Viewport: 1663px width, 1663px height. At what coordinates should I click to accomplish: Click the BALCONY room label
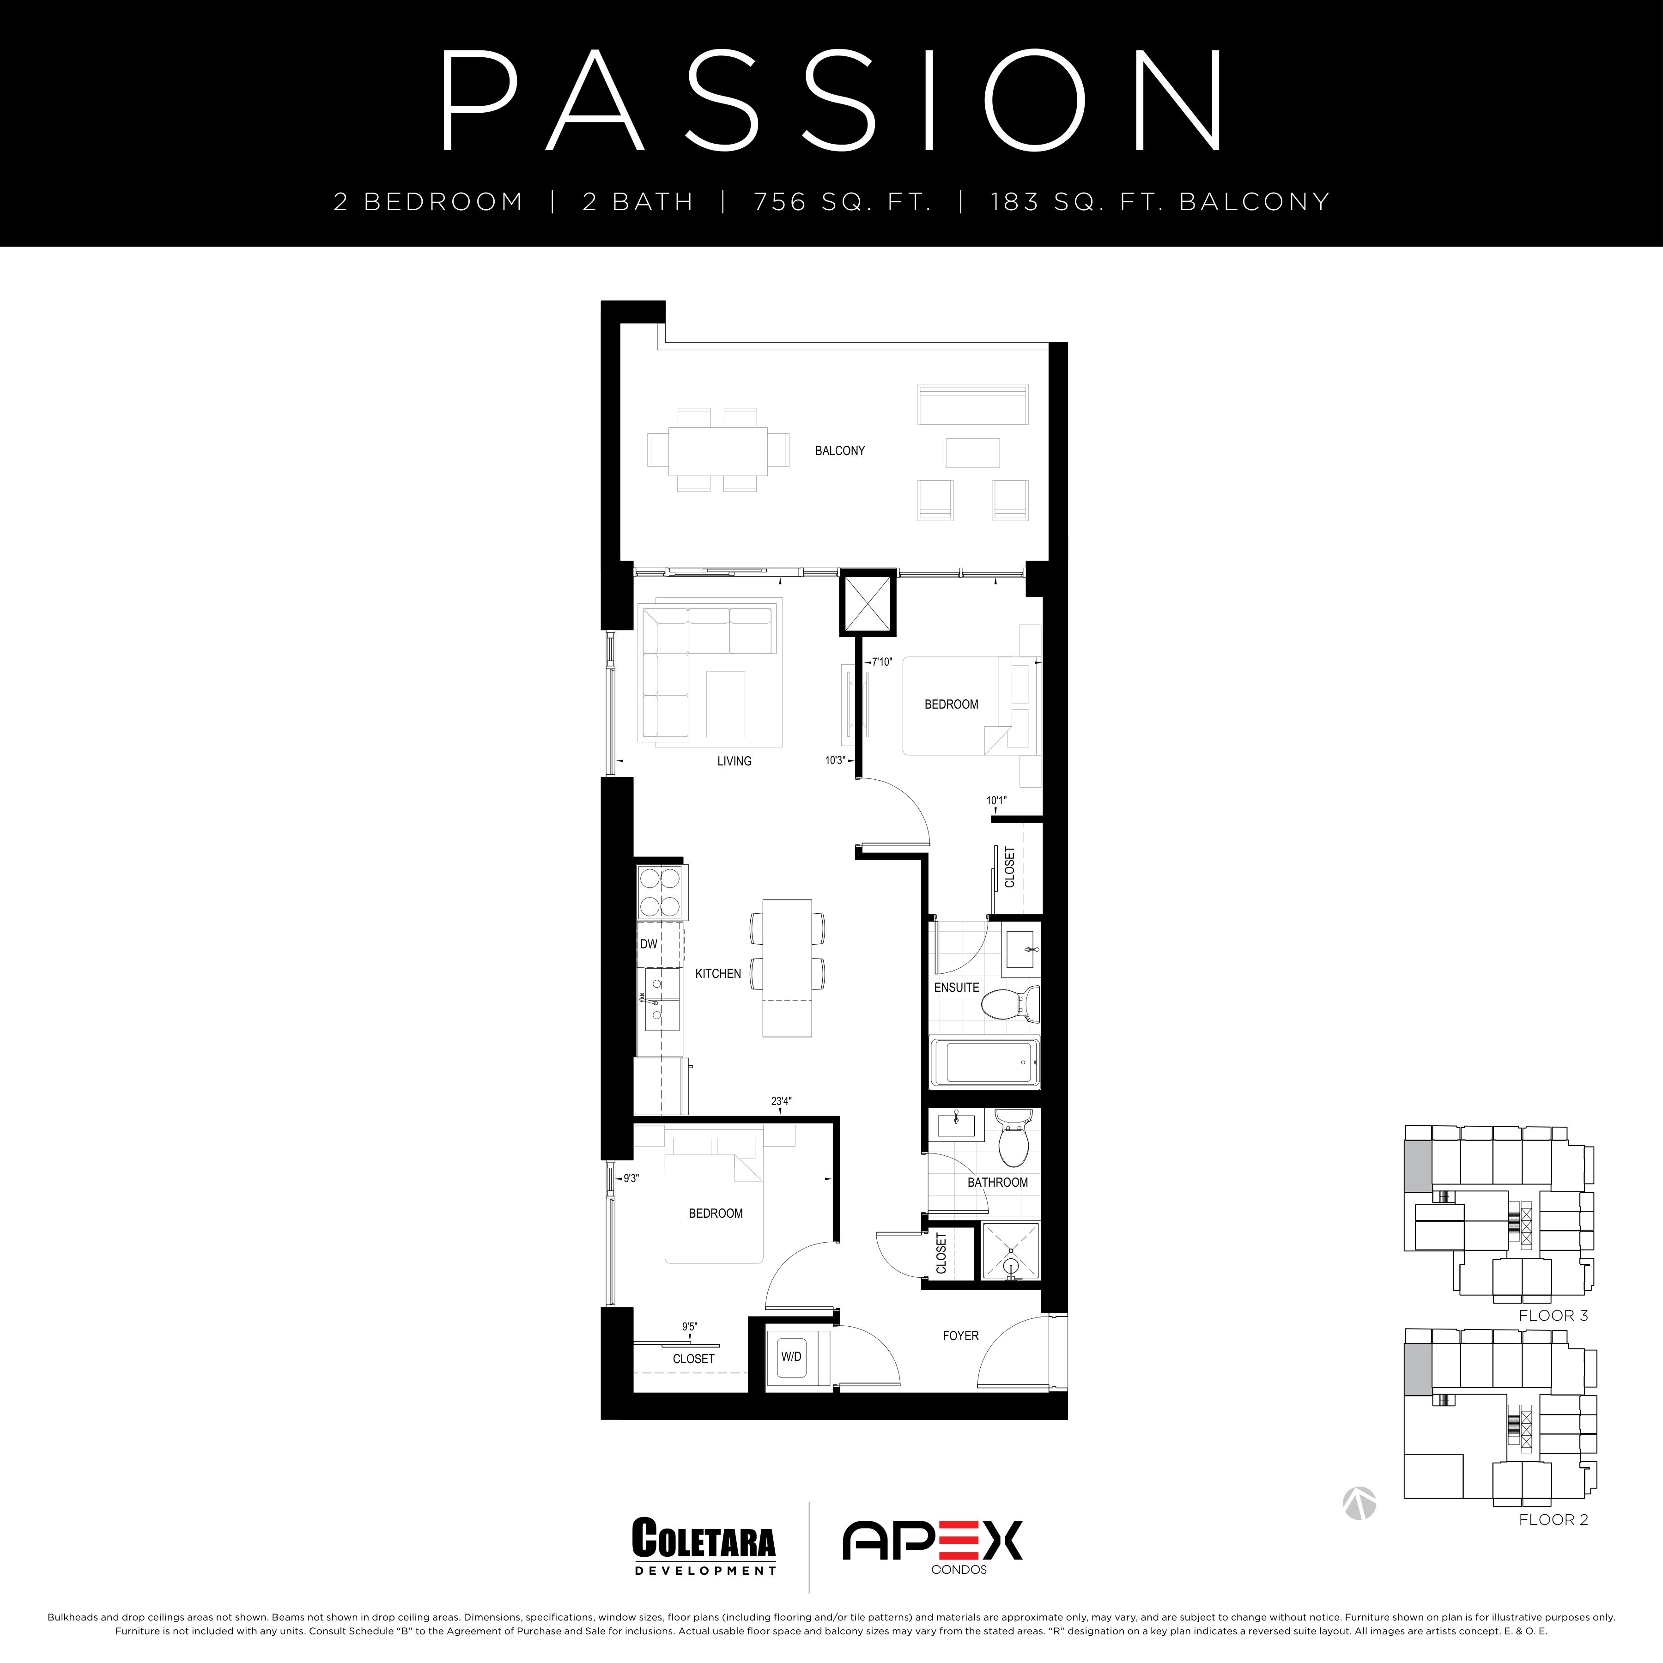839,450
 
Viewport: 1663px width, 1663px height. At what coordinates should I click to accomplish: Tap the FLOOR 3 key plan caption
1553,1315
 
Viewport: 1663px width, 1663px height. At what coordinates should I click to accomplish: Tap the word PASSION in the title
831,101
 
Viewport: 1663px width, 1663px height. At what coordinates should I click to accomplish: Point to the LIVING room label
734,761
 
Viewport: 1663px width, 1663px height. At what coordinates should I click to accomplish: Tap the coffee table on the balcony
973,453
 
